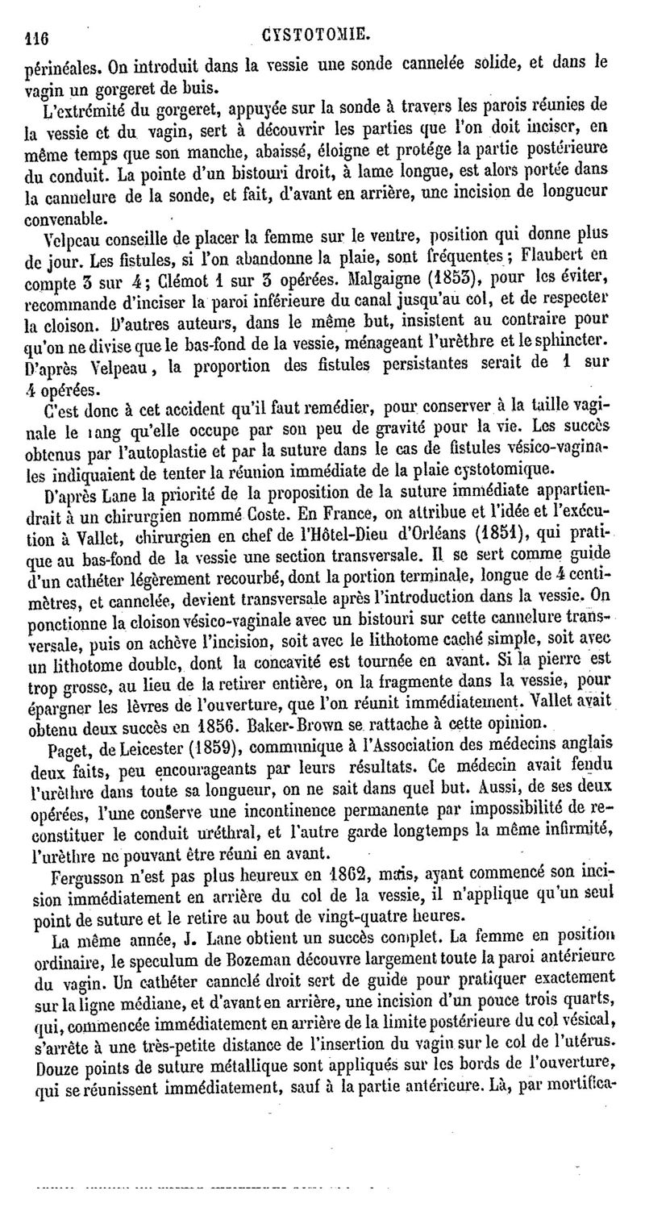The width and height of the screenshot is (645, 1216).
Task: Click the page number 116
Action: click(x=37, y=35)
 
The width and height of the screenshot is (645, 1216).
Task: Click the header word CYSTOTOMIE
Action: click(x=315, y=34)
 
